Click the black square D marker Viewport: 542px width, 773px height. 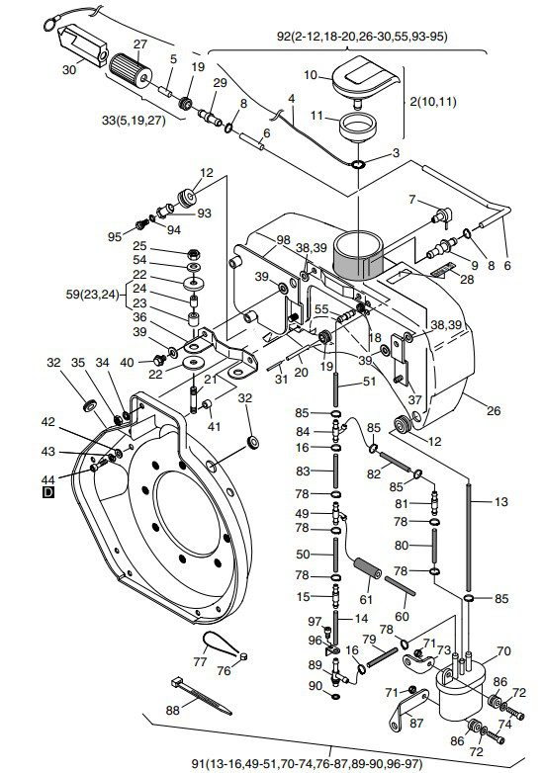click(x=48, y=492)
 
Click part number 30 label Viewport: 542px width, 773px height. click(x=69, y=70)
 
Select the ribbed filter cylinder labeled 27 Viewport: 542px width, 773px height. click(x=131, y=71)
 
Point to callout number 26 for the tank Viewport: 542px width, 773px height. click(x=494, y=410)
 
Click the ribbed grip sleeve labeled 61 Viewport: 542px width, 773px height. click(x=367, y=569)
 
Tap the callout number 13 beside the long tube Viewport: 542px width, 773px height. click(x=500, y=502)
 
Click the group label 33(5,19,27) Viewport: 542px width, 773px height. click(x=134, y=120)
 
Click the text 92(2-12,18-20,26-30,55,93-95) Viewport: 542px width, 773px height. click(x=362, y=36)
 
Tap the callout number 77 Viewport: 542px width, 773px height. click(x=200, y=661)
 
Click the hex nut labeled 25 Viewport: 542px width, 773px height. click(x=194, y=254)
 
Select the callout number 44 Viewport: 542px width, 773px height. click(x=47, y=478)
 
